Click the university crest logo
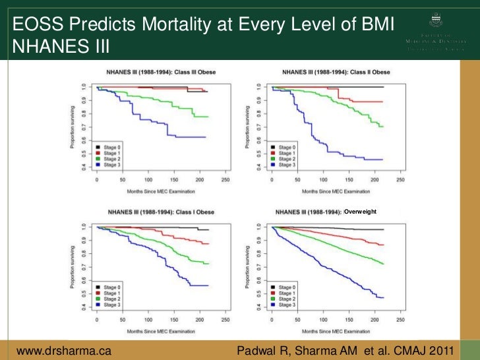coord(437,24)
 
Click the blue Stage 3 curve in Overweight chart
coord(330,264)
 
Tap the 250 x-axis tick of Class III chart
coord(225,179)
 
